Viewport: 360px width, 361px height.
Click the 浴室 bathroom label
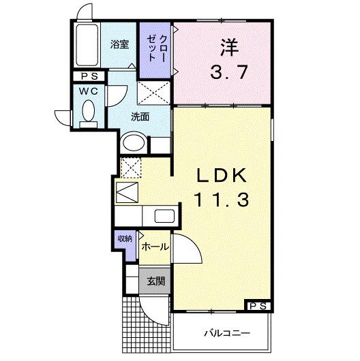(120, 44)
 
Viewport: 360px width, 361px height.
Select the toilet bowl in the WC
(88, 110)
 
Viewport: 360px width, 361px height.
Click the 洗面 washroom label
(140, 116)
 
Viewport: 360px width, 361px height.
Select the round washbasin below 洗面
(133, 144)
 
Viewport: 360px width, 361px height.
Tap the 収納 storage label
(124, 238)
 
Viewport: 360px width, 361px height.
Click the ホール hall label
(155, 248)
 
